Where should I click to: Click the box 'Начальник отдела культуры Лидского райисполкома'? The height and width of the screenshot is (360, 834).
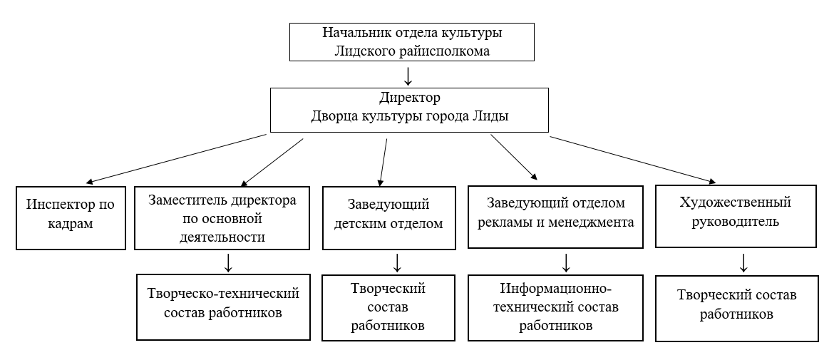click(x=412, y=42)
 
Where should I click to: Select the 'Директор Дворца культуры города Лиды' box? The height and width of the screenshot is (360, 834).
click(x=409, y=110)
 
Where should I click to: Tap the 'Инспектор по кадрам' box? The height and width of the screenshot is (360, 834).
click(x=71, y=218)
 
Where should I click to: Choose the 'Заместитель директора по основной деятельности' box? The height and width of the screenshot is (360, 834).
click(x=222, y=218)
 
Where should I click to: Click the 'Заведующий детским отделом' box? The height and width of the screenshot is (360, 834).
click(x=388, y=218)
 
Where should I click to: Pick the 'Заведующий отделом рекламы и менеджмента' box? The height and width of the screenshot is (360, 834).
click(x=556, y=217)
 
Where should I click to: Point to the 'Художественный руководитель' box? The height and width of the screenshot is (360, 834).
click(x=736, y=217)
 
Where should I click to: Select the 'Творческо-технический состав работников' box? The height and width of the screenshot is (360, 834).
click(x=223, y=307)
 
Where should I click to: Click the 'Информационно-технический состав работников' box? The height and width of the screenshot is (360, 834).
click(x=556, y=308)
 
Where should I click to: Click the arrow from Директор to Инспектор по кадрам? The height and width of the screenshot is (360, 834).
click(x=176, y=158)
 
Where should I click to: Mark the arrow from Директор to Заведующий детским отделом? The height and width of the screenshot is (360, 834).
click(x=383, y=161)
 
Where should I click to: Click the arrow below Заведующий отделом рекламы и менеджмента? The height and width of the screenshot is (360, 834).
click(x=567, y=262)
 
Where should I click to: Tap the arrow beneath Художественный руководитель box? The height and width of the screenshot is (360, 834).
click(x=744, y=262)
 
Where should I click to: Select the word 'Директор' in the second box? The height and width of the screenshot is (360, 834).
click(x=410, y=98)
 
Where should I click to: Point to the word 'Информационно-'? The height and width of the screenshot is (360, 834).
click(x=556, y=289)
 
